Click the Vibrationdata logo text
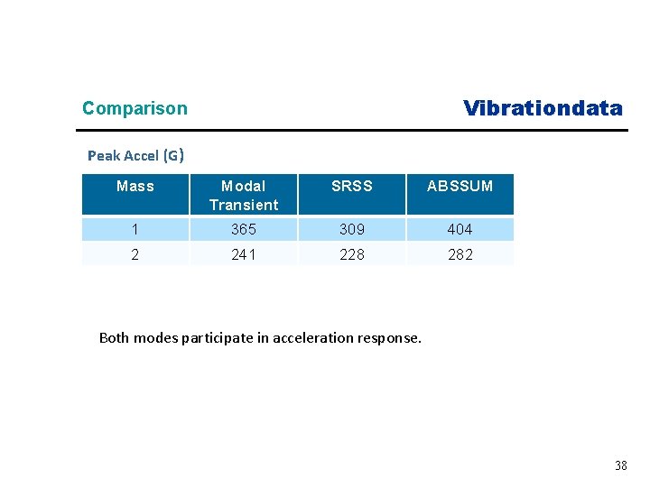click(x=543, y=108)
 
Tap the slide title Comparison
click(x=135, y=108)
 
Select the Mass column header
click(x=135, y=187)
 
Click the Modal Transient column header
click(x=244, y=195)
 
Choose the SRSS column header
click(x=352, y=187)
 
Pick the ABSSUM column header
click(x=460, y=187)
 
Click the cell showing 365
click(x=244, y=230)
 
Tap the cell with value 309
click(x=352, y=230)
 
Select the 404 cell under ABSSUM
click(x=460, y=230)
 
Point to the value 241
click(x=244, y=254)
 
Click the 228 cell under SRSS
click(x=352, y=254)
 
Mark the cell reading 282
click(x=460, y=254)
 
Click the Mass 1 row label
click(x=135, y=230)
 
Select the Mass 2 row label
click(x=135, y=254)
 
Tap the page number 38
click(x=620, y=465)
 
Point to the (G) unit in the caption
click(x=173, y=156)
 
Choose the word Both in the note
click(x=114, y=338)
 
